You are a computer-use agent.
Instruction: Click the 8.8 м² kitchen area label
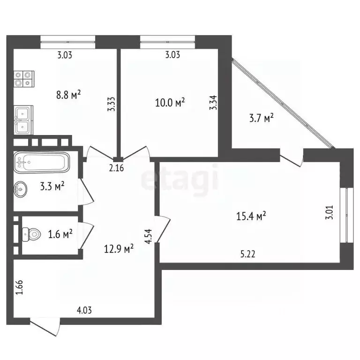click(69, 95)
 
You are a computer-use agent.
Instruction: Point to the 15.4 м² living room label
click(251, 216)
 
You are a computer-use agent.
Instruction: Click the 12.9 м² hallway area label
click(119, 248)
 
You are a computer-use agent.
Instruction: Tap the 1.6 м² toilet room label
click(60, 233)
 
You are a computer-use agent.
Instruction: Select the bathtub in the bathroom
click(41, 162)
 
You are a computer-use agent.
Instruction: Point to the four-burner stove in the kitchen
click(24, 78)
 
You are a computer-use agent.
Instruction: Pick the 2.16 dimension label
click(117, 168)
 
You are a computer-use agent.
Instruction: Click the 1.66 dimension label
click(19, 287)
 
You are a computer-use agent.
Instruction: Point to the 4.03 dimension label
click(84, 310)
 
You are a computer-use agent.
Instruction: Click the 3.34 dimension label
click(214, 102)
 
